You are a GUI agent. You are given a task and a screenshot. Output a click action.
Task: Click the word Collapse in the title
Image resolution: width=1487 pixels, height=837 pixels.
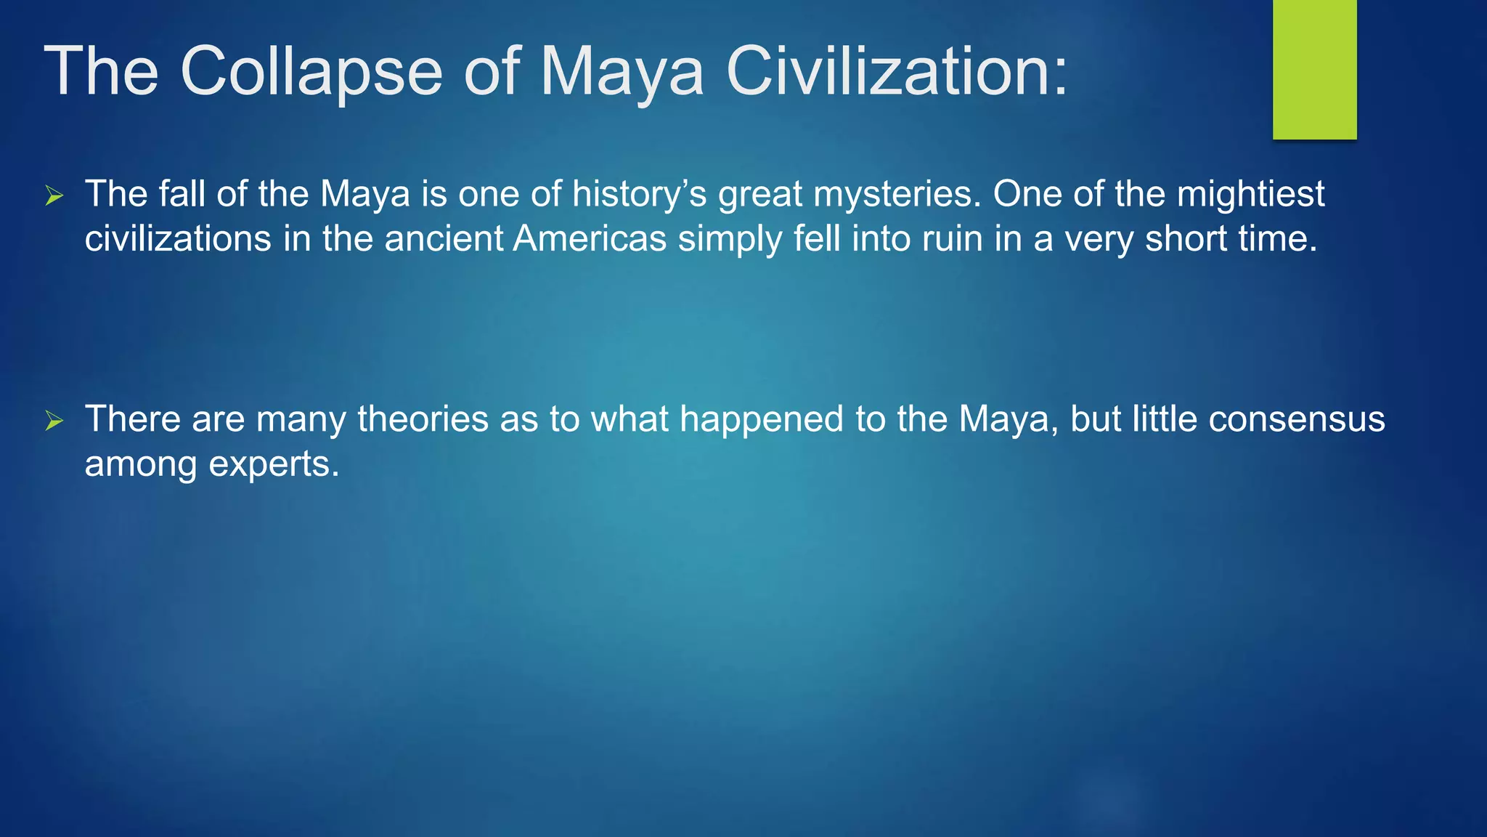click(311, 71)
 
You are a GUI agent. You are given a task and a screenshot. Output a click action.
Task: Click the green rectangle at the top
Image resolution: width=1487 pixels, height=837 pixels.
click(1314, 69)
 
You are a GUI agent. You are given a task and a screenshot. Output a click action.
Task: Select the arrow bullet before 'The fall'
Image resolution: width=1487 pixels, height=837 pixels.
click(54, 195)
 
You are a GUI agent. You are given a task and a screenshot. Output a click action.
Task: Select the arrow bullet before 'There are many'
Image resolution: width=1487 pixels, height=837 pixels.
click(54, 421)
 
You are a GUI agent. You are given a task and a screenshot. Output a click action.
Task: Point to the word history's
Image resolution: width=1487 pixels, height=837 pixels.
click(639, 195)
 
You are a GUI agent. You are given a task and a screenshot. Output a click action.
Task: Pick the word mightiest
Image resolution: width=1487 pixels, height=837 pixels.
click(1250, 194)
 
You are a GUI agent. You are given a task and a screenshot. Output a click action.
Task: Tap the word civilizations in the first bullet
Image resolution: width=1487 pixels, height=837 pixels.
click(178, 238)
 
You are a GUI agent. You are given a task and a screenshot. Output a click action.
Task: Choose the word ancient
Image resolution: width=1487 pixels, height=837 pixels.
click(444, 238)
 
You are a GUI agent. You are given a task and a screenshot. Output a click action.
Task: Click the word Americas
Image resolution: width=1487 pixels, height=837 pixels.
click(590, 238)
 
